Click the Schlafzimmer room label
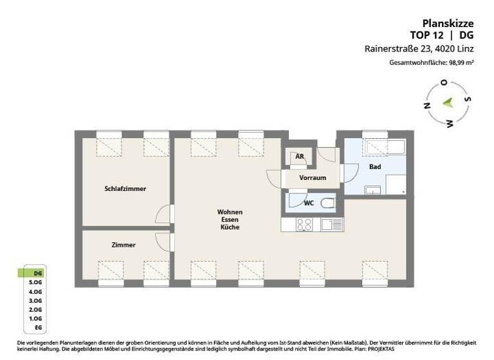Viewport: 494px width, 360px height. pos(125,189)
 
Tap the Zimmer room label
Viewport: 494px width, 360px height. pos(123,245)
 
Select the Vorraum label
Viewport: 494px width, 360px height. pos(313,177)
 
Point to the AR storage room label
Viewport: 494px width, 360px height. pos(299,156)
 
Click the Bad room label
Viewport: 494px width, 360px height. pos(374,166)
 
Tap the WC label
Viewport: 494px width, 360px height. pos(308,203)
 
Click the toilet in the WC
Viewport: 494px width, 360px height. pos(327,204)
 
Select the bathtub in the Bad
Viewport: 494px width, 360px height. pos(383,147)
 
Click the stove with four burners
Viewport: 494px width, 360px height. pos(305,224)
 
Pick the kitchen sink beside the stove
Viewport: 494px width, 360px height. pos(331,224)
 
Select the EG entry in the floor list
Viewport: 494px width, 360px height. pos(38,327)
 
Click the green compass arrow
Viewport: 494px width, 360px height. pos(448,102)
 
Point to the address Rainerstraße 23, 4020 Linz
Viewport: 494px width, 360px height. pos(419,48)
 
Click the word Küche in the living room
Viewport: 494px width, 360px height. pos(230,228)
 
